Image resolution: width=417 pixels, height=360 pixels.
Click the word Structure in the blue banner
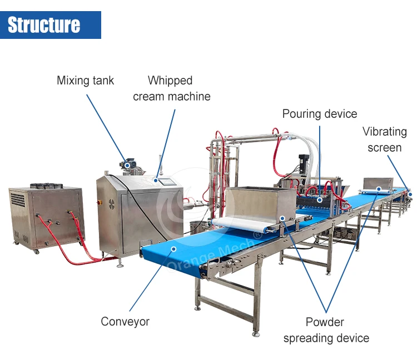coord(44,25)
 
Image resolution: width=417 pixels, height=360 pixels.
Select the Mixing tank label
coord(85,81)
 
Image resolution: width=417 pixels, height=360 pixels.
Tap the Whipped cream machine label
coord(171,88)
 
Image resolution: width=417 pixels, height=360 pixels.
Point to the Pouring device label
coord(319,114)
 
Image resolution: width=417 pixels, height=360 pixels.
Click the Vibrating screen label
coord(385,139)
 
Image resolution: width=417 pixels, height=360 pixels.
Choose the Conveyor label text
coord(125,321)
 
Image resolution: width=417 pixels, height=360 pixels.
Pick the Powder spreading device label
coord(326,329)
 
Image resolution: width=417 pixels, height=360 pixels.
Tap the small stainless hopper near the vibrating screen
coord(378,183)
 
